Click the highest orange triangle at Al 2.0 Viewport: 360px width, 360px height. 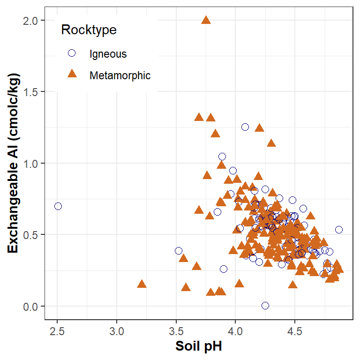[206, 20]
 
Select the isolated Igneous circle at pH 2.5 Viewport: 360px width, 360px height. [58, 206]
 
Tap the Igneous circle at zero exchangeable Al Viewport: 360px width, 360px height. [265, 305]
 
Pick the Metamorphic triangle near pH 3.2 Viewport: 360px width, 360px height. [142, 284]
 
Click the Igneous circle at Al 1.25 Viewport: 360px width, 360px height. [245, 127]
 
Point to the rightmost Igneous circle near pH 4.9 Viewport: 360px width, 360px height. [339, 230]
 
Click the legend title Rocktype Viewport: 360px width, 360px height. [89, 30]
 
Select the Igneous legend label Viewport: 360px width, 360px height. [108, 54]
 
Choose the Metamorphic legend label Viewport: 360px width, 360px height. [120, 75]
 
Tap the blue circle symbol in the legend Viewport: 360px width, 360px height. [72, 53]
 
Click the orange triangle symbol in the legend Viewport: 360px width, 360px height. [72, 74]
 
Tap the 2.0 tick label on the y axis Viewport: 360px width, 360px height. [31, 20]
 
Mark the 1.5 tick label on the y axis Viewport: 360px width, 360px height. [31, 92]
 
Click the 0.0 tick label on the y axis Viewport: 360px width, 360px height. [31, 306]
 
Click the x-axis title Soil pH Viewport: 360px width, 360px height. [198, 347]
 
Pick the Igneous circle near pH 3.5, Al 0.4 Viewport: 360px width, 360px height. [179, 251]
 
